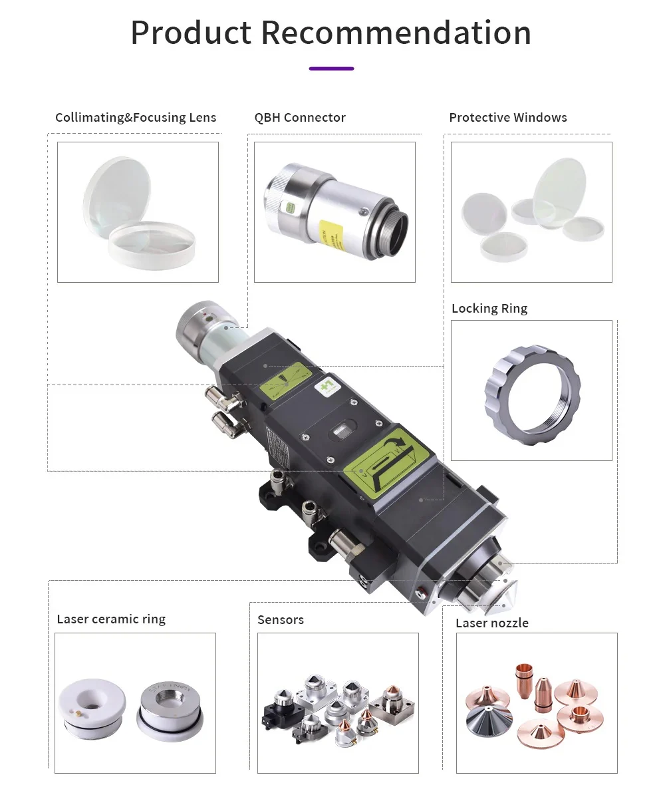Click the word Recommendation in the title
pyautogui.click(x=396, y=33)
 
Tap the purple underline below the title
pyautogui.click(x=331, y=68)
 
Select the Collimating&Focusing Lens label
pyautogui.click(x=136, y=118)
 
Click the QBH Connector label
pyautogui.click(x=300, y=118)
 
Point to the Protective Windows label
pyautogui.click(x=507, y=118)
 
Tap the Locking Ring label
pyautogui.click(x=489, y=308)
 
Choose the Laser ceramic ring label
pyautogui.click(x=111, y=619)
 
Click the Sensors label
pyautogui.click(x=281, y=619)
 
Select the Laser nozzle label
pyautogui.click(x=492, y=623)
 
